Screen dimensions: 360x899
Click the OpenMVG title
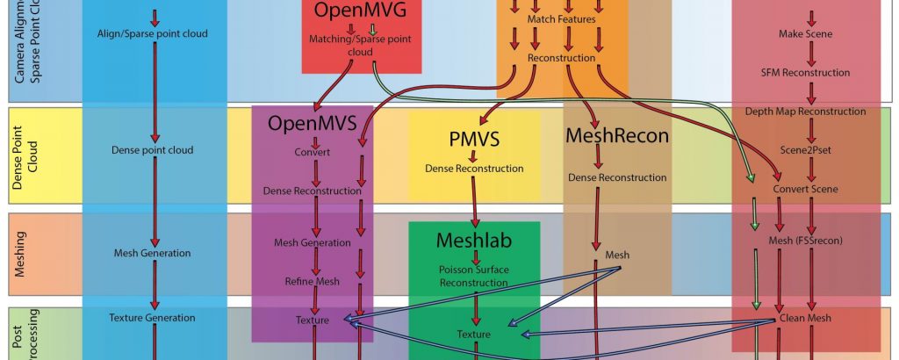point(361,12)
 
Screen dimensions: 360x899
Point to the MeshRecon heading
point(617,136)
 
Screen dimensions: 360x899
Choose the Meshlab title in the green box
point(474,239)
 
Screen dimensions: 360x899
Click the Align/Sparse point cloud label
point(155,33)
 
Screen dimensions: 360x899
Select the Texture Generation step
point(155,317)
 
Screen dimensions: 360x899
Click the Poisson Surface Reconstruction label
point(474,276)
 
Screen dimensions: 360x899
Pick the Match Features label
point(561,18)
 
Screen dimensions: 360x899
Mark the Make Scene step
point(805,33)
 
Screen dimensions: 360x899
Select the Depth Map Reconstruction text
point(805,112)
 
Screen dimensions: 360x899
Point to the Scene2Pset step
point(806,150)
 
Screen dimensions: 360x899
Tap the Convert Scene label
point(805,189)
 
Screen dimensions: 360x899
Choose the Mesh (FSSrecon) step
point(805,241)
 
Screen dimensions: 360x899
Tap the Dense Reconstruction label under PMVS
point(473,168)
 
